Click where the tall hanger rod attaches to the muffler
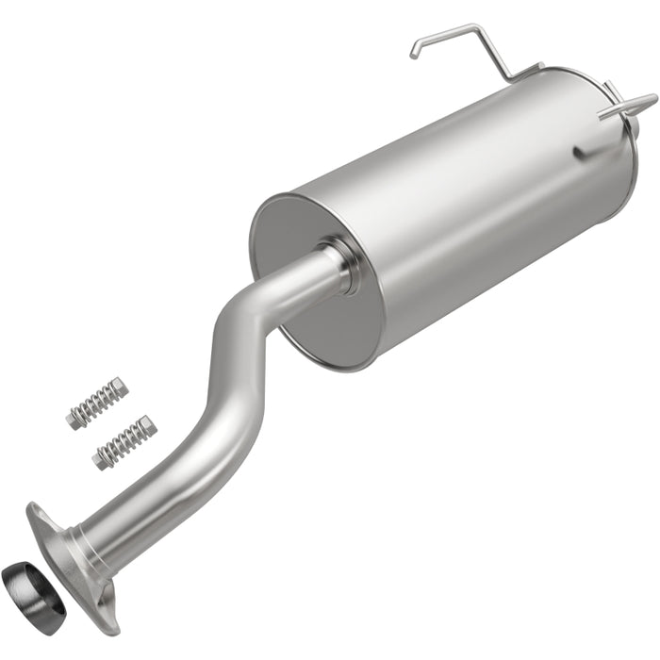[x=514, y=75]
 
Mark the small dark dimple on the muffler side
[x=577, y=152]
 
